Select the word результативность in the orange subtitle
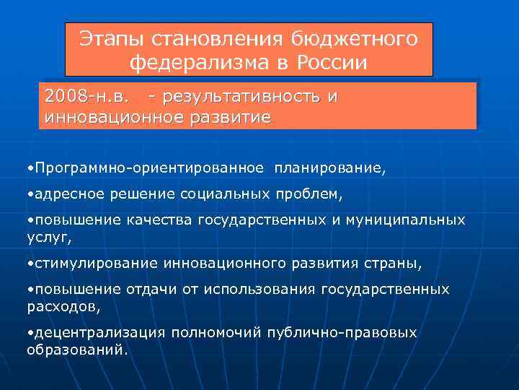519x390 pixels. click(x=242, y=96)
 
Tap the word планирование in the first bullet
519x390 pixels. click(x=329, y=168)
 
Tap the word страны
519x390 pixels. click(x=396, y=264)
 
